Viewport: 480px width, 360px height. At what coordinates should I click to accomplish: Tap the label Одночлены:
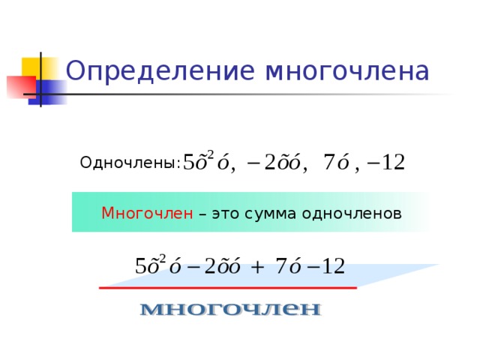coord(130,163)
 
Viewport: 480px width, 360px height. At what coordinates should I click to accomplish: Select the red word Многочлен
coord(147,213)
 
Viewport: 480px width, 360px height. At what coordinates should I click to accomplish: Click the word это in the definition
coord(226,213)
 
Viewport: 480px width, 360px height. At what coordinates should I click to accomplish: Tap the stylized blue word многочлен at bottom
coord(231,308)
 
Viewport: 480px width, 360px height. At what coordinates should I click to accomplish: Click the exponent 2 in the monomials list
coord(210,154)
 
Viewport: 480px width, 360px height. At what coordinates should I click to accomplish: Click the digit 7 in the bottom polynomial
coord(280,266)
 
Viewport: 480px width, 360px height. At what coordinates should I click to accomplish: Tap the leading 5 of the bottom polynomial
coord(139,266)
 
